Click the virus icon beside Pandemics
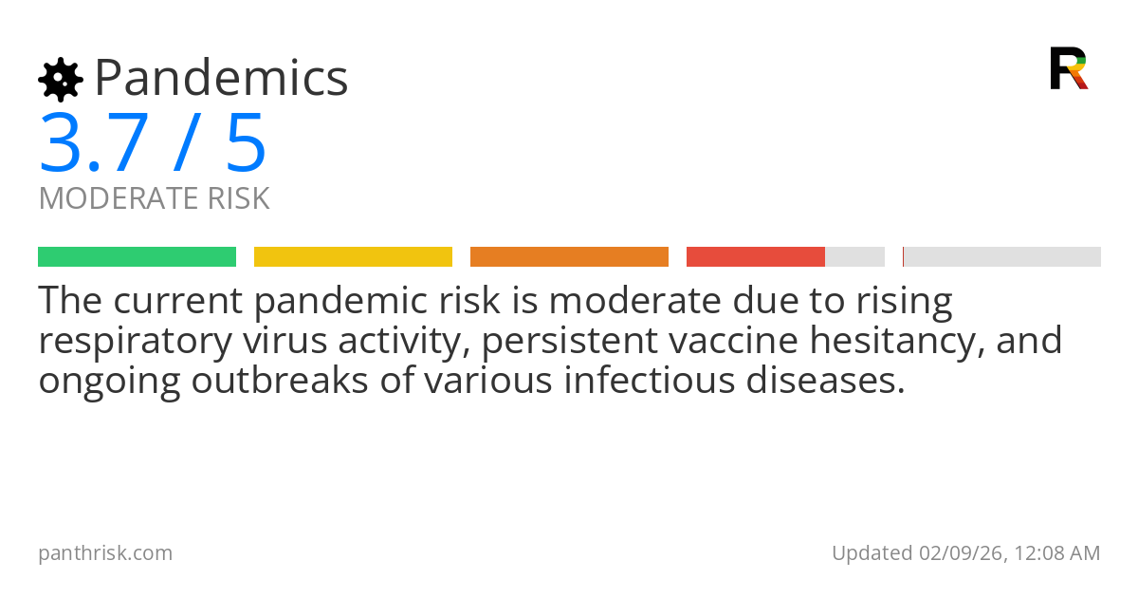61,79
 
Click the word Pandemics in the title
221,78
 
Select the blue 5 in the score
246,143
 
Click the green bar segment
137,256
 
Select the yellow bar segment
353,256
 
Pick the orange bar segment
569,256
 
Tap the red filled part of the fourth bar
755,256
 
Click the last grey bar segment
1002,256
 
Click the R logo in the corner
1069,68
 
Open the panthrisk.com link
105,552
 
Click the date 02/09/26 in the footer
958,552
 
